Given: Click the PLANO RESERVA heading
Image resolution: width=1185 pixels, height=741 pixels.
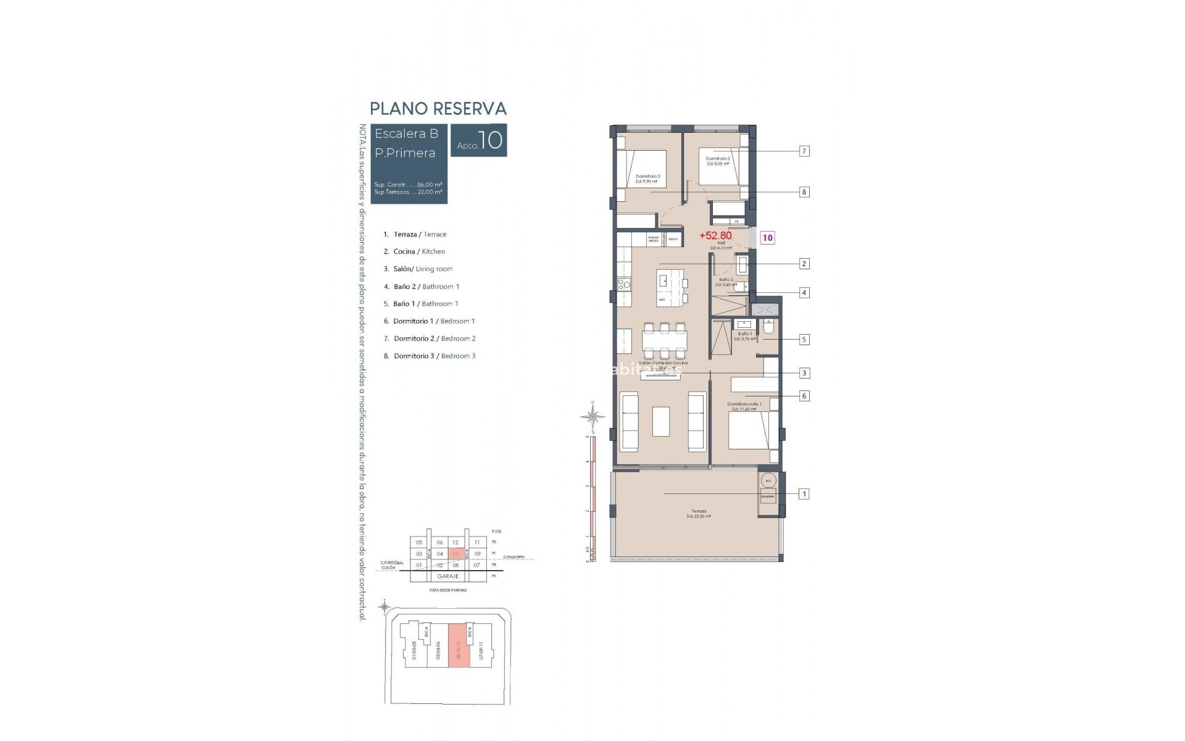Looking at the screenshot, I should coord(438,109).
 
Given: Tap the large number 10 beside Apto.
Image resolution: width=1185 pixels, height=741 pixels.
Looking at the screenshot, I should coord(491,140).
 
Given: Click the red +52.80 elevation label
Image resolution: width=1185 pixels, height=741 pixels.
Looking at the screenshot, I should coord(715,235).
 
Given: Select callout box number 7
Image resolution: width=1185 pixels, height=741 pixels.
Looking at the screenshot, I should coord(804,151).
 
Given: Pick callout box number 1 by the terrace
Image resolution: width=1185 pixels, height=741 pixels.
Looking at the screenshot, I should coord(804,494).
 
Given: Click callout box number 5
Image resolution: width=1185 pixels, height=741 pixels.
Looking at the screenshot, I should coord(804,339).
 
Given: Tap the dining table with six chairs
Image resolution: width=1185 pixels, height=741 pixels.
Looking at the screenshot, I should coord(663,340).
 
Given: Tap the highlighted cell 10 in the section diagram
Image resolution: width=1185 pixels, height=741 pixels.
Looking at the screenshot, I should coord(455,554).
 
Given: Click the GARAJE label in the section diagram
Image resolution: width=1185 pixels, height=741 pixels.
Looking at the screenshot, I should coord(447,576).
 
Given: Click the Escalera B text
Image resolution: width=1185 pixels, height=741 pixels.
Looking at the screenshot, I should coord(406,134).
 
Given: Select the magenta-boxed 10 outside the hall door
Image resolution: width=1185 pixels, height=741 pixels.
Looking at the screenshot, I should coord(767,238).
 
